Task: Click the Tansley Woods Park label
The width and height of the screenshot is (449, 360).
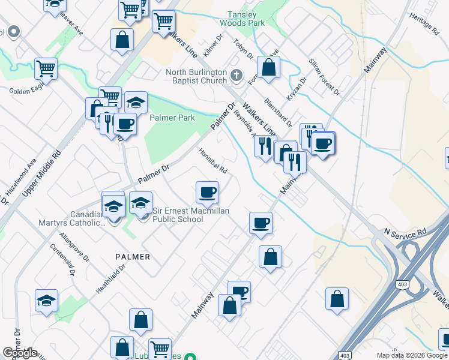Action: tap(247, 19)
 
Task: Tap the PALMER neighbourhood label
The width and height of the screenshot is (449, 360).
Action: tap(132, 256)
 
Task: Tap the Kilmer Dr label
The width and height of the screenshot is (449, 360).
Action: tap(213, 46)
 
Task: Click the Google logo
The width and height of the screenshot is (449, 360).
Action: tap(20, 353)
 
